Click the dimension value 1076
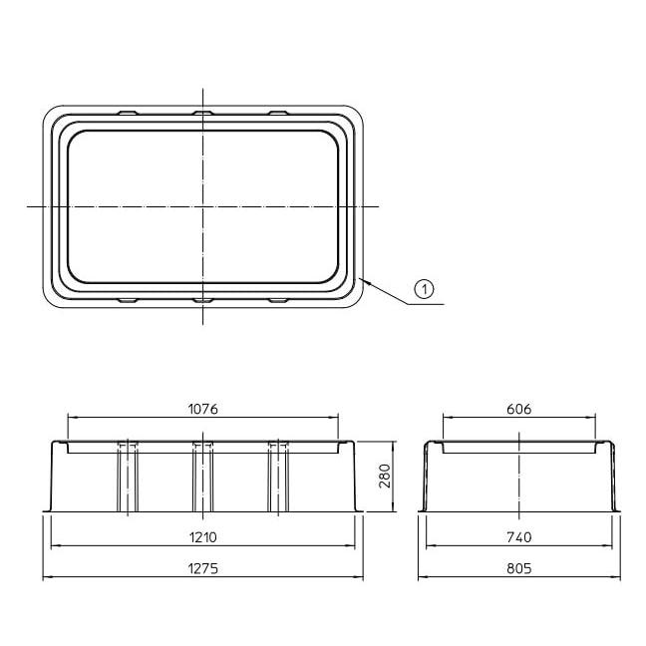tap(202, 409)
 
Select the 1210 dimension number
tap(202, 537)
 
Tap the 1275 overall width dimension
tap(202, 568)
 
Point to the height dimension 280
tap(385, 476)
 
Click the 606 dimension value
tap(519, 409)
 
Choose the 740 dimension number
tap(519, 537)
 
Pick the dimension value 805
tap(519, 568)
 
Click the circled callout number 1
tap(424, 289)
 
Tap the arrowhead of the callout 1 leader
tap(362, 280)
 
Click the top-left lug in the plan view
tap(129, 113)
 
